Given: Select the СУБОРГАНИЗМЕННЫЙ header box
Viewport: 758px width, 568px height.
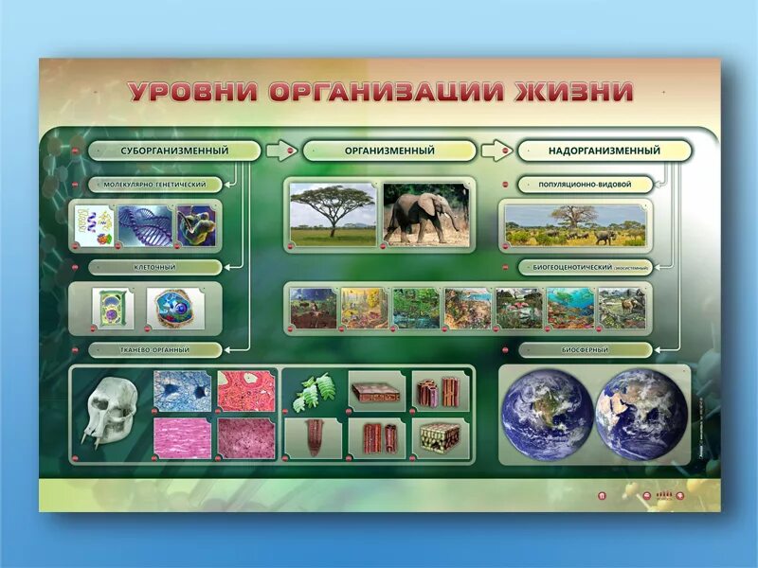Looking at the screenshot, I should [x=174, y=151].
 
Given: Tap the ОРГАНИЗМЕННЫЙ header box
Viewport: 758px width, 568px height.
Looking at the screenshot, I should [x=389, y=151].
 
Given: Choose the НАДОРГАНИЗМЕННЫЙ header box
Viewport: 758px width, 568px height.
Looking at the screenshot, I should [x=605, y=151].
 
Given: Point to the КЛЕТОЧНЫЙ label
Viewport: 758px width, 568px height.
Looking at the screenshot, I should [x=155, y=268].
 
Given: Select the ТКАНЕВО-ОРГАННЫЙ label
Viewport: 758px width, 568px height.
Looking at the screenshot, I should [x=155, y=349].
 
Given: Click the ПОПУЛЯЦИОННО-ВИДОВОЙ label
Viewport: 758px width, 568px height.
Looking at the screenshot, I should [x=584, y=185].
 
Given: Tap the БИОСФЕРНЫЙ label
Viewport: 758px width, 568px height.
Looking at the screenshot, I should [x=584, y=349].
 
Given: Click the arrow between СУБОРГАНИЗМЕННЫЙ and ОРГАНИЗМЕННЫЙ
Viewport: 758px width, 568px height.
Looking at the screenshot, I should [x=280, y=151].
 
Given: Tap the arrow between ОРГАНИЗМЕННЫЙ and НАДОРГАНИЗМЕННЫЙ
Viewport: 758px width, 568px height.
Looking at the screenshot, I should [x=496, y=151].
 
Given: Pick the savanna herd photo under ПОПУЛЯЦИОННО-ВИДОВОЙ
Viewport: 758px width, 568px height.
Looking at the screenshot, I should [x=575, y=225].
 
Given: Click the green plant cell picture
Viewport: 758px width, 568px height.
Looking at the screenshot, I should [x=112, y=309].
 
